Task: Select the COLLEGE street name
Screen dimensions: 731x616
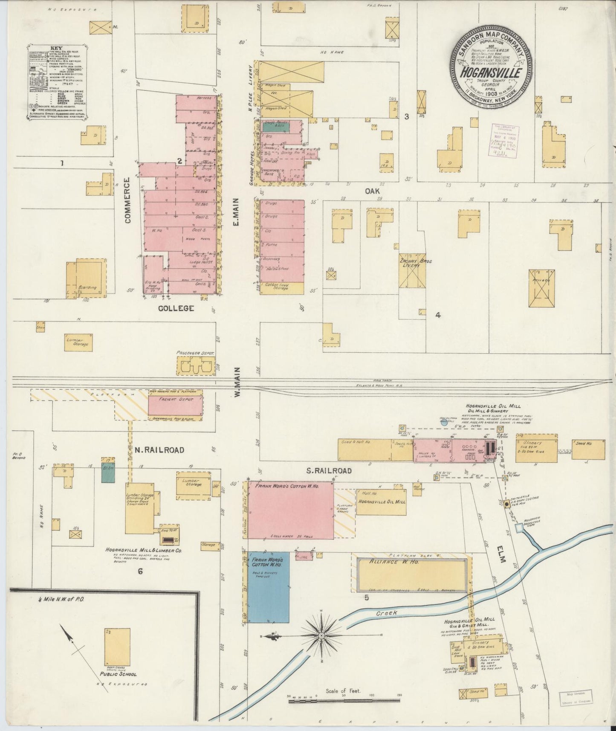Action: (x=176, y=308)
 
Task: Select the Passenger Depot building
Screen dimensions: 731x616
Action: (x=195, y=365)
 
